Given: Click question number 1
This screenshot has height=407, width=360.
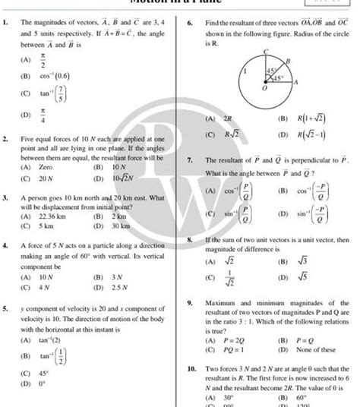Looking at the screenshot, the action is (x=6, y=24).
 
